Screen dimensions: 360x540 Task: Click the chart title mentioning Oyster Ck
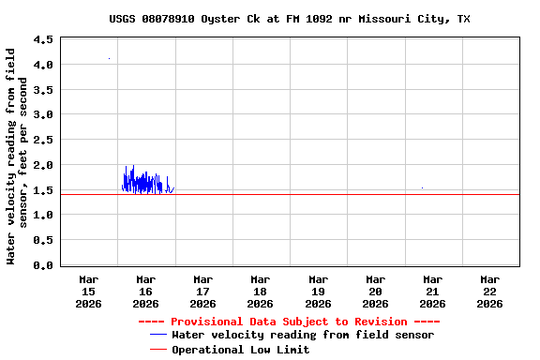pos(290,19)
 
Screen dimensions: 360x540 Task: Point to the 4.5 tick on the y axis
pos(43,40)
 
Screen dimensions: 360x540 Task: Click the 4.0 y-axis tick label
pos(43,65)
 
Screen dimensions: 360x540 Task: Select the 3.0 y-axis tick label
pos(43,115)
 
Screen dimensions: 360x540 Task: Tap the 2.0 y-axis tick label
pos(43,165)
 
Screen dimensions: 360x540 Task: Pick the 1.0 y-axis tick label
pos(43,215)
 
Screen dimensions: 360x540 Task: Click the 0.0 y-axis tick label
pos(43,265)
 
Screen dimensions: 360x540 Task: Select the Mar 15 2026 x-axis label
pos(88,291)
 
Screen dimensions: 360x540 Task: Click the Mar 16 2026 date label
pos(145,291)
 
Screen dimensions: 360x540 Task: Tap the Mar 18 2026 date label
pos(260,291)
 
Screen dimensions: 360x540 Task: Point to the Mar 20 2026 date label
pos(375,291)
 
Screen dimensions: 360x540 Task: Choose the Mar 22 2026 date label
pos(489,291)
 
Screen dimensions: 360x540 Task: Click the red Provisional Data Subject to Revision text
pos(289,322)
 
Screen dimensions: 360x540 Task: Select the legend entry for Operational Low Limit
pos(240,350)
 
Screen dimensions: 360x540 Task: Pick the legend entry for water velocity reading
pos(302,335)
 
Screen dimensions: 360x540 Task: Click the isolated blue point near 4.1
pos(109,59)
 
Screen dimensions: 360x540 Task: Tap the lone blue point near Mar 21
pos(422,187)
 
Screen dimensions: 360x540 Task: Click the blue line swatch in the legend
pos(157,335)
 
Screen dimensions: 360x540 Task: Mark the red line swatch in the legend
pos(157,350)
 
